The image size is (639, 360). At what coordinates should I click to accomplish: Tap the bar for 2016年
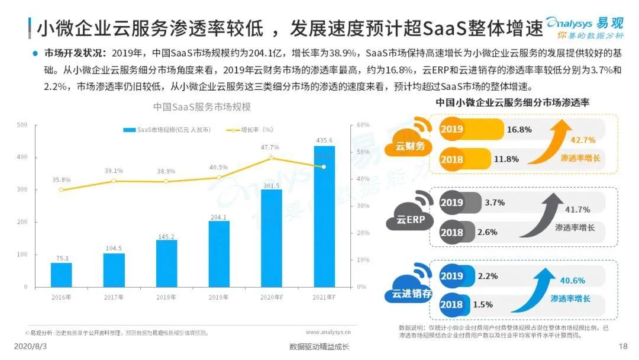pos(61,275)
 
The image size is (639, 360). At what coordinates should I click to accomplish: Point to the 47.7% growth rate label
pos(270,147)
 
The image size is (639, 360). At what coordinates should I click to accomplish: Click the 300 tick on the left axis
pos(22,189)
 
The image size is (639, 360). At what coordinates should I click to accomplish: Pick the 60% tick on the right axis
pos(363,125)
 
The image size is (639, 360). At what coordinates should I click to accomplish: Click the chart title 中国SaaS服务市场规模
pos(201,107)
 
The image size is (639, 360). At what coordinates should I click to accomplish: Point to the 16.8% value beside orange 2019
pos(519,129)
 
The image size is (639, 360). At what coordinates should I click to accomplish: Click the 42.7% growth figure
pos(582,140)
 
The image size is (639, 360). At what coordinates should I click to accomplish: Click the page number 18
pos(622,346)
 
